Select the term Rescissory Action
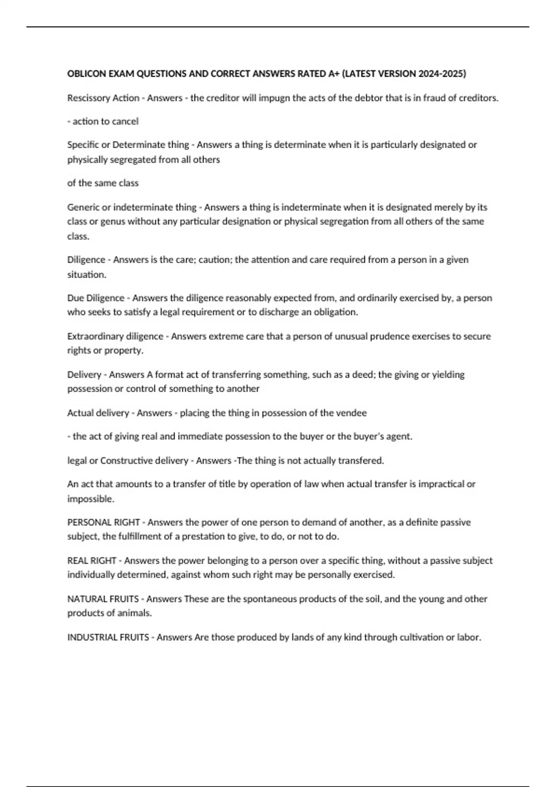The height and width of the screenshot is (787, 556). click(103, 98)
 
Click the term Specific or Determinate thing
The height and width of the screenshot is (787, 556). click(128, 145)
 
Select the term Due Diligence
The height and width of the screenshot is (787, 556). click(95, 298)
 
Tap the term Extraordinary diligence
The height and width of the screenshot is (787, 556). click(115, 336)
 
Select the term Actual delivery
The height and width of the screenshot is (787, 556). click(98, 413)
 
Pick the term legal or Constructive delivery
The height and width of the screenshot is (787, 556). click(127, 461)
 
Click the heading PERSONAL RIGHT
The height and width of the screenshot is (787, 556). click(103, 522)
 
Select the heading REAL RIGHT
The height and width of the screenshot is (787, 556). click(91, 561)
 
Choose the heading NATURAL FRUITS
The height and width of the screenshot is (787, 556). click(103, 599)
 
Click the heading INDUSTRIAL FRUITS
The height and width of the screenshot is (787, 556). click(108, 637)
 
